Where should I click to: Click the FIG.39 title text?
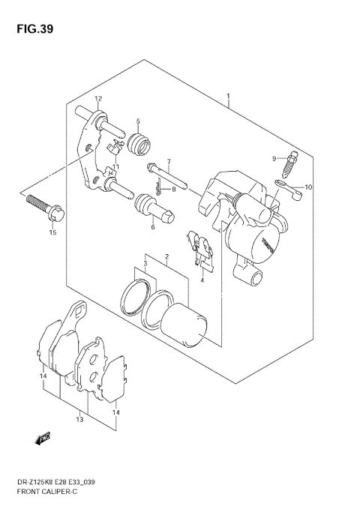pos(31,30)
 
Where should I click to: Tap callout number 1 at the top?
pos(228,97)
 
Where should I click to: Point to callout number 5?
pos(138,121)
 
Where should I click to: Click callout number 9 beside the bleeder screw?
pos(274,157)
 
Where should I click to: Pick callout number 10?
pos(308,187)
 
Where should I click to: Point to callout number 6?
pos(152,227)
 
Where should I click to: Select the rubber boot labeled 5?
pos(138,142)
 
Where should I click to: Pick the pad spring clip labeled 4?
pos(200,250)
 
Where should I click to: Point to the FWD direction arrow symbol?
pos(43,436)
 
